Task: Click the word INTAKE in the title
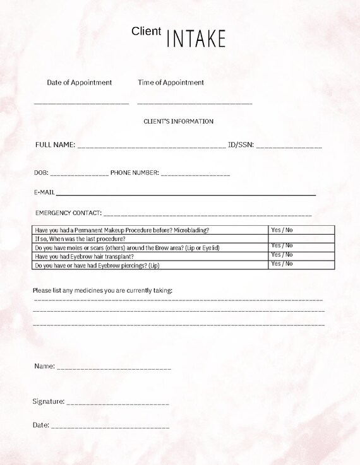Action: [x=196, y=38]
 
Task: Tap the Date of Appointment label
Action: [x=80, y=82]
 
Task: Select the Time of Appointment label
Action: [x=171, y=82]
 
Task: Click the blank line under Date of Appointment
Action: [x=81, y=102]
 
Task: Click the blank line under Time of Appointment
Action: [x=195, y=102]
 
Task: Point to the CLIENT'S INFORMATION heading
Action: [x=179, y=121]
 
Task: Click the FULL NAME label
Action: [x=56, y=145]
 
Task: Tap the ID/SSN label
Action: [x=241, y=145]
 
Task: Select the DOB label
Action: [x=40, y=172]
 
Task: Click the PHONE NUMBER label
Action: [x=135, y=172]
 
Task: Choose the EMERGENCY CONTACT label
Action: [x=68, y=213]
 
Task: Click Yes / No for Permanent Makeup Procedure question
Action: [x=282, y=230]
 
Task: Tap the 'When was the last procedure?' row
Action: [x=80, y=239]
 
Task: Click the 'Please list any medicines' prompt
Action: [x=102, y=290]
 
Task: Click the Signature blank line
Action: [x=117, y=402]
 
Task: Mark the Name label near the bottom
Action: [x=44, y=366]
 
